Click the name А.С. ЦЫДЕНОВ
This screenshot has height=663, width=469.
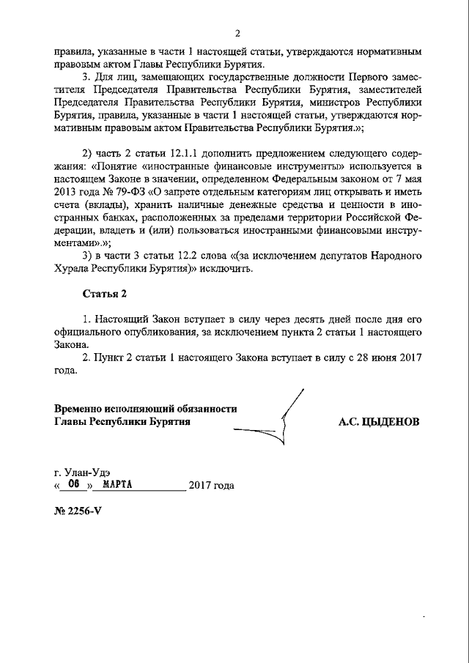378,422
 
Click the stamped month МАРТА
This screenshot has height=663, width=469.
116,484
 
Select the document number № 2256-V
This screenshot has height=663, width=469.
77,511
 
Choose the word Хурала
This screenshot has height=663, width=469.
72,268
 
